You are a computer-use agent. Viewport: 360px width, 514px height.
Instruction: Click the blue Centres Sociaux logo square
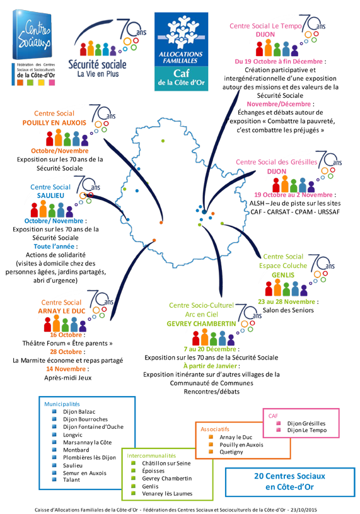[32, 35]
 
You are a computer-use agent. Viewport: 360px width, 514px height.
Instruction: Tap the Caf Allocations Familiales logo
[181, 52]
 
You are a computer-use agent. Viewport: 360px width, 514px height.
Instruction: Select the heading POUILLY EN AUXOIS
[54, 123]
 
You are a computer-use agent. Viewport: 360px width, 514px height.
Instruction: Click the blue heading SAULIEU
[50, 196]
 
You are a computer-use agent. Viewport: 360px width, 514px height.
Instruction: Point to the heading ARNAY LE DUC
[62, 311]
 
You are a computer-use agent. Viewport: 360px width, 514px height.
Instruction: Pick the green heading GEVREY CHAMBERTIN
[201, 324]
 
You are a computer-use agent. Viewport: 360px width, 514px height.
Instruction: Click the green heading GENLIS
[283, 276]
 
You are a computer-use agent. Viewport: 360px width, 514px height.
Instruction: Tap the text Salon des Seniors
[288, 310]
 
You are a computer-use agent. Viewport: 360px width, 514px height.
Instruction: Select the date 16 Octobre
[66, 335]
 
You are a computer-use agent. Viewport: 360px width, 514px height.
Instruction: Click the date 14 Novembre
[66, 369]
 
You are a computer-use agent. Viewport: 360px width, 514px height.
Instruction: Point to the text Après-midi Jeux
[68, 378]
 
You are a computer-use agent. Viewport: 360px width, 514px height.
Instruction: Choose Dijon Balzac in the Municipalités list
[79, 412]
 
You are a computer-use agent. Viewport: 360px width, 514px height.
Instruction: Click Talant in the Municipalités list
[71, 480]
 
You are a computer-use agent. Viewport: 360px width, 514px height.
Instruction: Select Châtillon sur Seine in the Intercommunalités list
[166, 464]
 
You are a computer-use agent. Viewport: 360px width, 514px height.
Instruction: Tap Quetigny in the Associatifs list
[231, 452]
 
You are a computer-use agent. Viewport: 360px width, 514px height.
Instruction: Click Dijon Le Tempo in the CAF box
[307, 430]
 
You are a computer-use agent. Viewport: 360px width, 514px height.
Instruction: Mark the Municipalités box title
[62, 404]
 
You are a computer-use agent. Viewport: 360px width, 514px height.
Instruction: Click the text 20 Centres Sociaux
[290, 476]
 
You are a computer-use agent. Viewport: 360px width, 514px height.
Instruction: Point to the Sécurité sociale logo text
[97, 64]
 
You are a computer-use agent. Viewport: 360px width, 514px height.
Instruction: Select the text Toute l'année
[55, 247]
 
